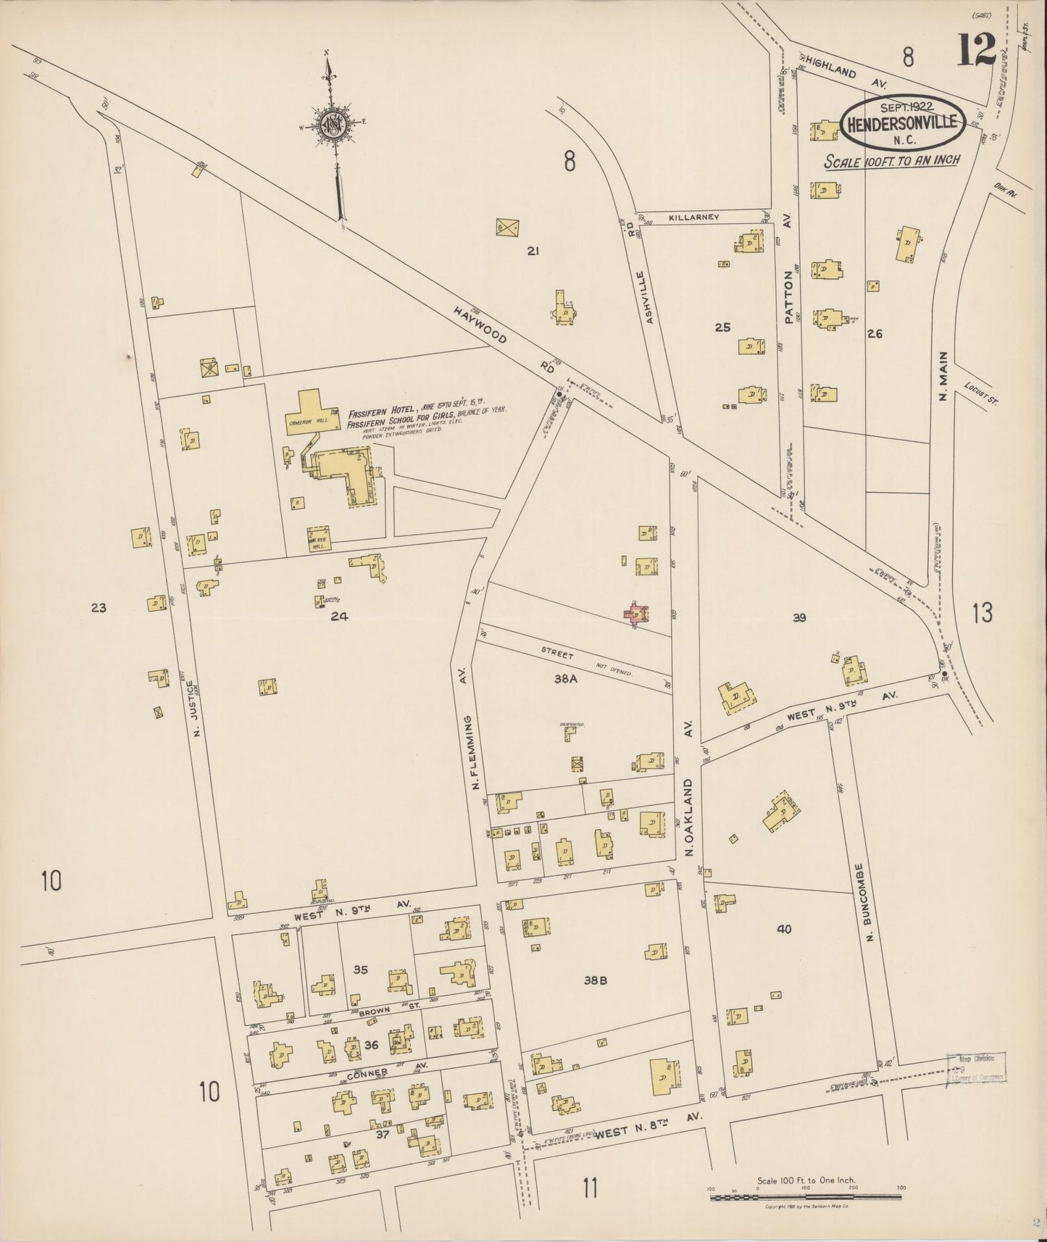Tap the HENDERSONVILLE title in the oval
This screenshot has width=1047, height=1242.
(902, 122)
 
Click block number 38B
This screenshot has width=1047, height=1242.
(594, 981)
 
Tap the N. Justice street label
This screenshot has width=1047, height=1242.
(193, 708)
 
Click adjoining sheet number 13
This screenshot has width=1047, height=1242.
(982, 613)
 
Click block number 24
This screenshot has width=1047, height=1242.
(339, 617)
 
